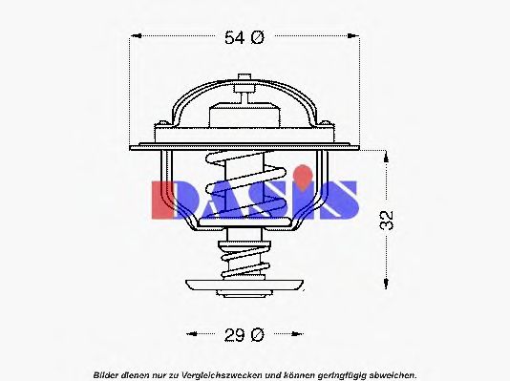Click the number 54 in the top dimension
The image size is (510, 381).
click(x=234, y=38)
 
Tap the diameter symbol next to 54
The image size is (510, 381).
click(x=257, y=38)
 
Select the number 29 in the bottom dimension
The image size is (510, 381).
click(x=234, y=334)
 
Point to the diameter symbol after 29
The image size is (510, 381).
click(x=257, y=334)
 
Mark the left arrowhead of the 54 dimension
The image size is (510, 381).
click(x=135, y=38)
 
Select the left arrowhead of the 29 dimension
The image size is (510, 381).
click(x=189, y=334)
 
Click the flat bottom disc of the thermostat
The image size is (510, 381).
click(x=245, y=284)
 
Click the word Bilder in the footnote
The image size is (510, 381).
click(x=108, y=372)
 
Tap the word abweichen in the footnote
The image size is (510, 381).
click(x=391, y=372)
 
